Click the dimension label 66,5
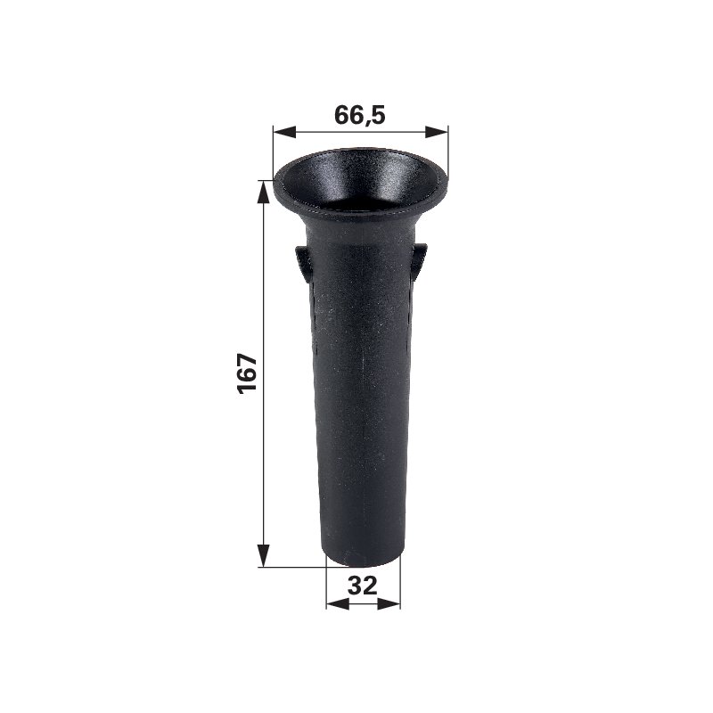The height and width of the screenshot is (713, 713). (360, 115)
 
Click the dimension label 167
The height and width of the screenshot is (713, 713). (248, 373)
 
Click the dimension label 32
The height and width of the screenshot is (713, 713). (363, 586)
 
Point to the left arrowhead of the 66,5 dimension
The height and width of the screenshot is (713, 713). (284, 132)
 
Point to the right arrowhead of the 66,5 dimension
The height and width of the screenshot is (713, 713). (437, 132)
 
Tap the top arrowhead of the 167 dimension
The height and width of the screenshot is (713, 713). (263, 193)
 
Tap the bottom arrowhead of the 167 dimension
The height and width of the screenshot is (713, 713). (263, 555)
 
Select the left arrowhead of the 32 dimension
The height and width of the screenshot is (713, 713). (338, 604)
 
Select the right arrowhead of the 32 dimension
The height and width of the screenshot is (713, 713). (389, 604)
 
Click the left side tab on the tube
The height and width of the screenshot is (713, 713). (303, 261)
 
